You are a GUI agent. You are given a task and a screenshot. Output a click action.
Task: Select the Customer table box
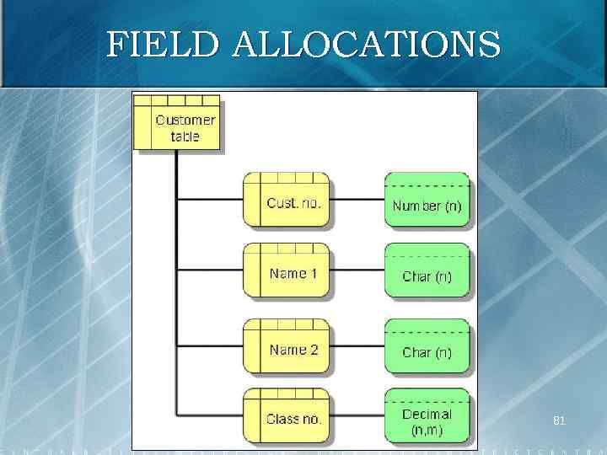177,123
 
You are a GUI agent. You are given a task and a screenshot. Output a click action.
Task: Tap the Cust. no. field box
286,201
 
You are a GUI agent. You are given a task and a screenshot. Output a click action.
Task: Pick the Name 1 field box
286,271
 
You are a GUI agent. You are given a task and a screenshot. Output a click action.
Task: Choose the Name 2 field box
286,347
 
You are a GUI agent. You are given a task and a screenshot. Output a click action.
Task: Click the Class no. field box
286,417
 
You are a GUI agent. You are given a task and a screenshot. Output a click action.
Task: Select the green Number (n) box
427,201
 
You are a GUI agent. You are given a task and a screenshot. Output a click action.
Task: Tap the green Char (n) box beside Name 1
427,271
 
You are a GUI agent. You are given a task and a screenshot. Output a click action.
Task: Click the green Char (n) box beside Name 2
427,347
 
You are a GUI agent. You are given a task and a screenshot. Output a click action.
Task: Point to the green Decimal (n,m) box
427,417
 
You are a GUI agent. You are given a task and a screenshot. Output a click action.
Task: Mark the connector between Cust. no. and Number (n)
357,201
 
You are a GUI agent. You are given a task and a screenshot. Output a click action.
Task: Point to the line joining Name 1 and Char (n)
357,271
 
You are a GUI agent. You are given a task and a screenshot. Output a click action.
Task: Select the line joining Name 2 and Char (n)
357,347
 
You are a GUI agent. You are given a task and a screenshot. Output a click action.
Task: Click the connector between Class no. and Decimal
357,417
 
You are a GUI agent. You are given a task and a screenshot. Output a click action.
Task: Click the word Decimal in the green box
427,414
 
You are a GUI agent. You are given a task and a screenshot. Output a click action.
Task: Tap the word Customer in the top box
185,120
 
